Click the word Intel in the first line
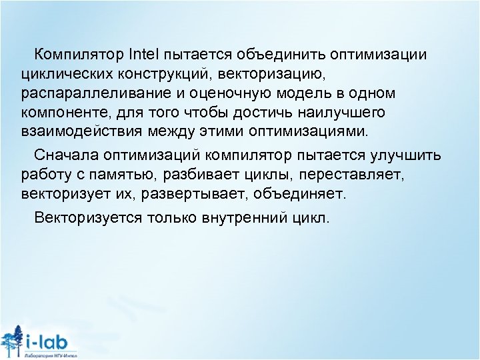(x=144, y=53)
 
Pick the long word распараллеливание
(x=91, y=91)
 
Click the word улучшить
(x=411, y=156)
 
